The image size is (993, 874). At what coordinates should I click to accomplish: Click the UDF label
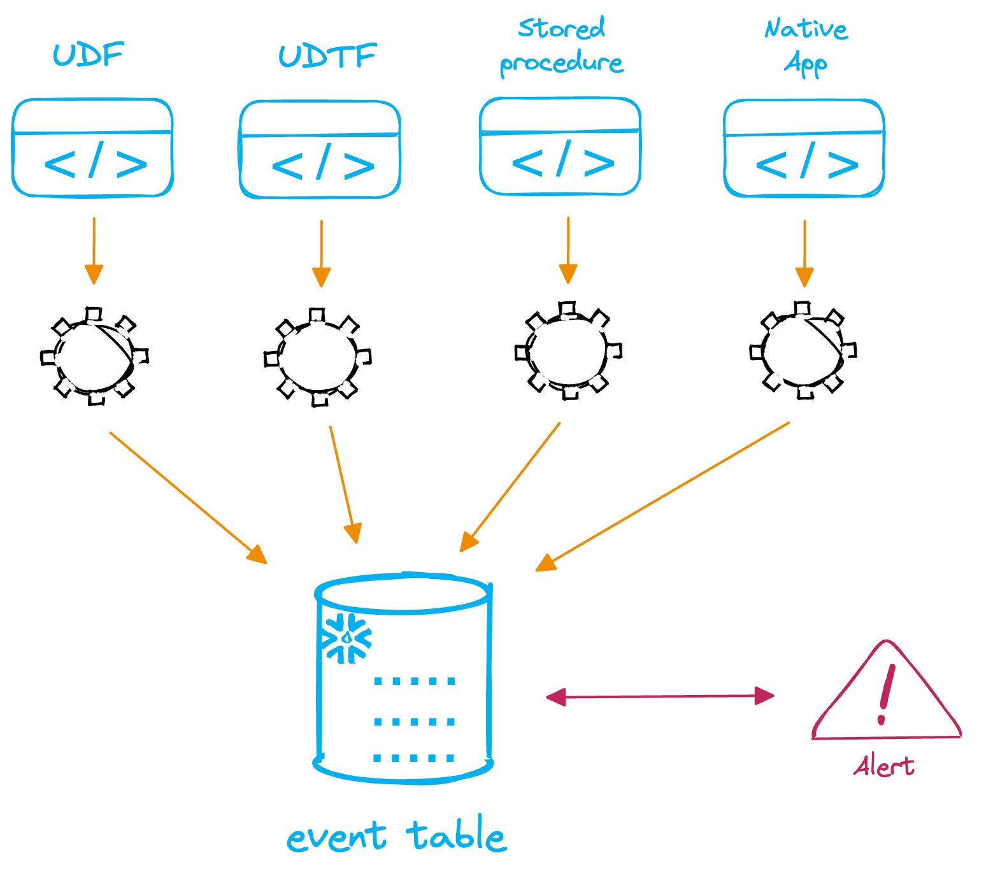(x=88, y=55)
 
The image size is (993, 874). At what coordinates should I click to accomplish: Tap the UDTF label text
(x=327, y=56)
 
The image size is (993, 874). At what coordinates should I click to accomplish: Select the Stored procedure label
(x=561, y=46)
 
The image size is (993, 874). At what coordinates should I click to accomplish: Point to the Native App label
(x=806, y=46)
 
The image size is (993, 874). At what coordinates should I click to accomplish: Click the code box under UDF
(x=93, y=148)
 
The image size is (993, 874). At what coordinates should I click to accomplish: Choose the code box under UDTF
(x=320, y=150)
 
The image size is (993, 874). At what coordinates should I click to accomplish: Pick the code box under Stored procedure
(x=560, y=147)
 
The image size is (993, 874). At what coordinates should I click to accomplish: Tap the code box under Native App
(x=804, y=148)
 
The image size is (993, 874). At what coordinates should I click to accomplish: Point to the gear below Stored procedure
(x=568, y=350)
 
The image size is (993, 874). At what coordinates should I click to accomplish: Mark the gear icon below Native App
(x=803, y=350)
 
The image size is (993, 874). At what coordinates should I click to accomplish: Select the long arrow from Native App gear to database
(x=662, y=496)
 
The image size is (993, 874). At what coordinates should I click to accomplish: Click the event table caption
(x=396, y=836)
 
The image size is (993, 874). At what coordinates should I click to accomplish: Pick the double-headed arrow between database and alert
(x=660, y=696)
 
